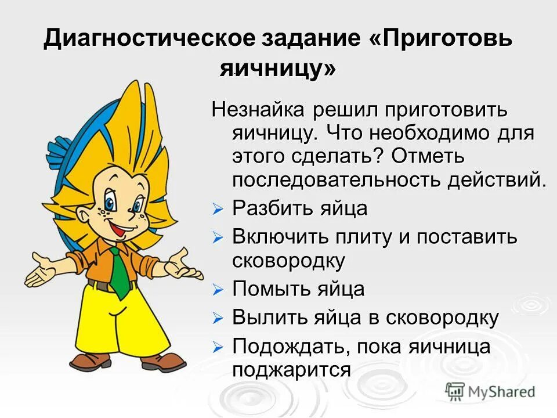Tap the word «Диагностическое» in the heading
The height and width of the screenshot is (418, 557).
(149, 39)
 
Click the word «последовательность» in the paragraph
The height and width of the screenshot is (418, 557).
(337, 179)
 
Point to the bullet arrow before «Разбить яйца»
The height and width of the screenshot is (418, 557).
(218, 210)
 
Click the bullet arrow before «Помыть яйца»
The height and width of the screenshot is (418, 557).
(218, 289)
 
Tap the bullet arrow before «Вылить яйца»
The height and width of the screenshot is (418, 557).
(218, 318)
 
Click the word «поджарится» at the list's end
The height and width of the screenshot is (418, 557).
(291, 370)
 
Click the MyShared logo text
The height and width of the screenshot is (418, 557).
(502, 392)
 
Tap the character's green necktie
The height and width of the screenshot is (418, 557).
(119, 270)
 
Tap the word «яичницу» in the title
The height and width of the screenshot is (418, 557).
(278, 69)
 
